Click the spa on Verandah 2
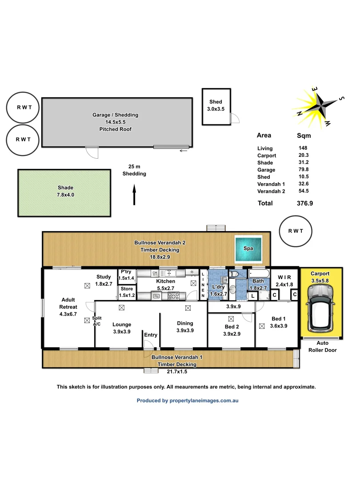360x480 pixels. (x=248, y=248)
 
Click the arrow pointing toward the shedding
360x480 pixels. (x=134, y=196)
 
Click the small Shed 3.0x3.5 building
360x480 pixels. (x=216, y=106)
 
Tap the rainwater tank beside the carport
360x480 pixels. (x=296, y=231)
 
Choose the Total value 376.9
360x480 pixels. (x=305, y=203)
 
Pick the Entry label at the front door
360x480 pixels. (x=151, y=335)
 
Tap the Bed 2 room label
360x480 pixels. (x=232, y=330)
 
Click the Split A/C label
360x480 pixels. (x=97, y=321)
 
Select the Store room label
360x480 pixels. (x=127, y=292)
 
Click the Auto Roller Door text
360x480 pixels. (x=322, y=347)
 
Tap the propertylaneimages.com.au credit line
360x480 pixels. (x=188, y=400)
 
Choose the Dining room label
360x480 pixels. (x=185, y=327)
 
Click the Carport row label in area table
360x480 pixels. (x=267, y=156)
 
